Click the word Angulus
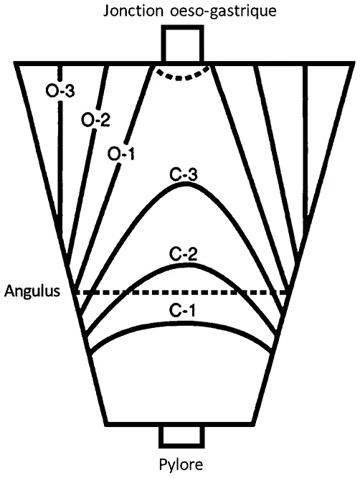pyautogui.click(x=32, y=292)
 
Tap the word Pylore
pyautogui.click(x=181, y=463)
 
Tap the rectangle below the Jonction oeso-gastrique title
pyautogui.click(x=183, y=45)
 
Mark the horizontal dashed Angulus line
pyautogui.click(x=215, y=292)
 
